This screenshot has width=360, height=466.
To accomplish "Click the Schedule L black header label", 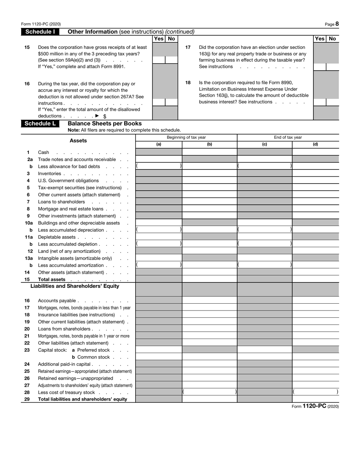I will (40, 124).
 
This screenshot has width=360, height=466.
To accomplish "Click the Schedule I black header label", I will (40, 32).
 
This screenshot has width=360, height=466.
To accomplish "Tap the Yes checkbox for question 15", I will (158, 60).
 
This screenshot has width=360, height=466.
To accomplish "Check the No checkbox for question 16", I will (171, 102).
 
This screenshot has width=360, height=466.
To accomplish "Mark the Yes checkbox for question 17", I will (320, 67).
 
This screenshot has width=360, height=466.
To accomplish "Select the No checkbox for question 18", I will (332, 102).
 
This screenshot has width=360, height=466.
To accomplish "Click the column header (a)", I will (159, 144).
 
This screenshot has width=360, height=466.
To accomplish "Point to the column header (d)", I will (315, 144).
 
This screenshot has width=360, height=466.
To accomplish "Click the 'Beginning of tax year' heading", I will (186, 137).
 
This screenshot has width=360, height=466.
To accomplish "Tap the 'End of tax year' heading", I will (288, 137).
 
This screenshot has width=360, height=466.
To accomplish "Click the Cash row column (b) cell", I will (209, 152).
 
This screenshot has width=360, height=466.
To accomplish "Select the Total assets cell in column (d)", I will (315, 279).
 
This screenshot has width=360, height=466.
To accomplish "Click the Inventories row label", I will (49, 173).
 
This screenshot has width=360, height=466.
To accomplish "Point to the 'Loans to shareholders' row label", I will (61, 202).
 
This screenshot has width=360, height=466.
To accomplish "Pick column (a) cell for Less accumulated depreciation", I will (159, 230).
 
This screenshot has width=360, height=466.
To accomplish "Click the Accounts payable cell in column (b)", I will (209, 300).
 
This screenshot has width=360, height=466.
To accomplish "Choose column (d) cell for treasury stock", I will (315, 392).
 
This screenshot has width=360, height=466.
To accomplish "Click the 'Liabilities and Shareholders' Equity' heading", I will (75, 286).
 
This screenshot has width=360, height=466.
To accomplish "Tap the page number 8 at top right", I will (337, 24).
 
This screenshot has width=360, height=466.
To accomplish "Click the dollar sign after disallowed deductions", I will (105, 116).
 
